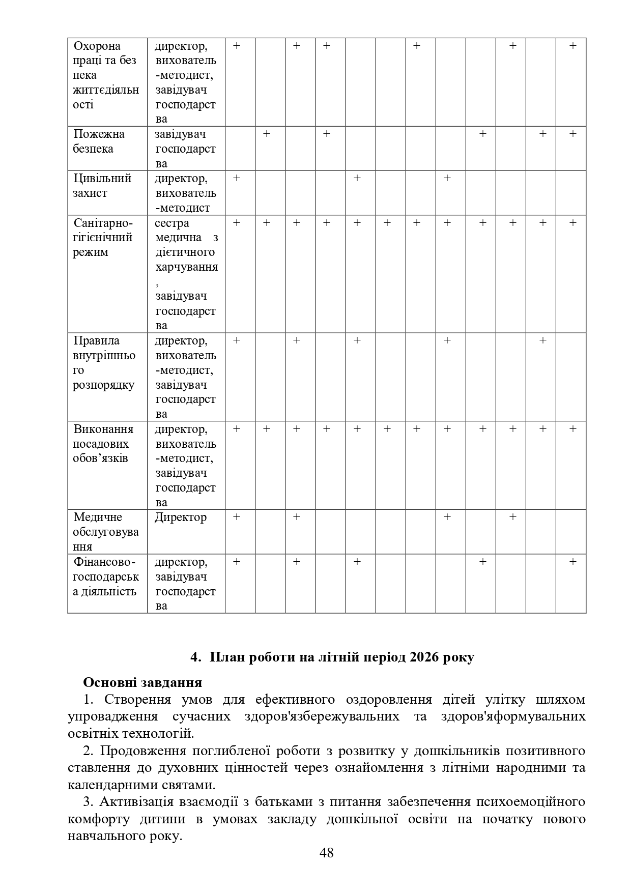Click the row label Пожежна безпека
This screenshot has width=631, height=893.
99,141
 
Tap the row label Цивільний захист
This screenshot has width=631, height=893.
102,186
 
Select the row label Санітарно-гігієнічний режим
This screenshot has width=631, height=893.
103,238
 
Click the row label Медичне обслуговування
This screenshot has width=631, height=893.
105,532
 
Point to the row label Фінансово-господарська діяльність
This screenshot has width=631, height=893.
105,577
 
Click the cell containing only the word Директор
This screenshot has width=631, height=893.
181,517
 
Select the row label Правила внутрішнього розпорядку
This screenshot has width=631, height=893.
104,363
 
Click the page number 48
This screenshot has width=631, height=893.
326,853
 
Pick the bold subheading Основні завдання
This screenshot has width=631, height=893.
142,682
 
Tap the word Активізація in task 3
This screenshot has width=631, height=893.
137,802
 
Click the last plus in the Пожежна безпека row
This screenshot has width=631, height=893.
572,134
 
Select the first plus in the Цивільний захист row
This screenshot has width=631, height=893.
236,178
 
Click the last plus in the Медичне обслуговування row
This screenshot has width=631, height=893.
512,517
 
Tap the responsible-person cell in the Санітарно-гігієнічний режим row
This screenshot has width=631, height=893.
186,274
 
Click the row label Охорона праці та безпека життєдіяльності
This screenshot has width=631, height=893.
105,75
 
